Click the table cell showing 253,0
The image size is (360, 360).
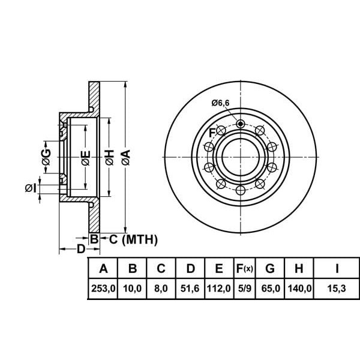(x=103, y=288)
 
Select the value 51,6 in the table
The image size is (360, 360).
(x=190, y=288)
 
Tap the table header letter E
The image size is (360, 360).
(x=219, y=268)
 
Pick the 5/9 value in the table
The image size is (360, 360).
(x=244, y=288)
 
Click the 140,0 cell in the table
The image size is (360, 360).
(x=300, y=288)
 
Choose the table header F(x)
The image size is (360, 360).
(x=244, y=268)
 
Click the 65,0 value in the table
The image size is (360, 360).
(x=272, y=288)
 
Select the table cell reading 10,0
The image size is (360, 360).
(x=132, y=288)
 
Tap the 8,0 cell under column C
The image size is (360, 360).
(x=161, y=288)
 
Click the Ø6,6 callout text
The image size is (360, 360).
(x=220, y=103)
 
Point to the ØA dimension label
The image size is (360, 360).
(x=124, y=157)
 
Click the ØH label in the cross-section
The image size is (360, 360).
(x=109, y=157)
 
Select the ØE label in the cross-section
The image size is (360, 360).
(x=86, y=158)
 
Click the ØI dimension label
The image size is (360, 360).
(x=31, y=188)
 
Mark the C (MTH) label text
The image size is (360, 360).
(x=133, y=241)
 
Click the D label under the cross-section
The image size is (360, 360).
(x=80, y=249)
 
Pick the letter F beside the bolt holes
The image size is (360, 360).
(x=212, y=133)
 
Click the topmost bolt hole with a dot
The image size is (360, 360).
(x=241, y=124)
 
